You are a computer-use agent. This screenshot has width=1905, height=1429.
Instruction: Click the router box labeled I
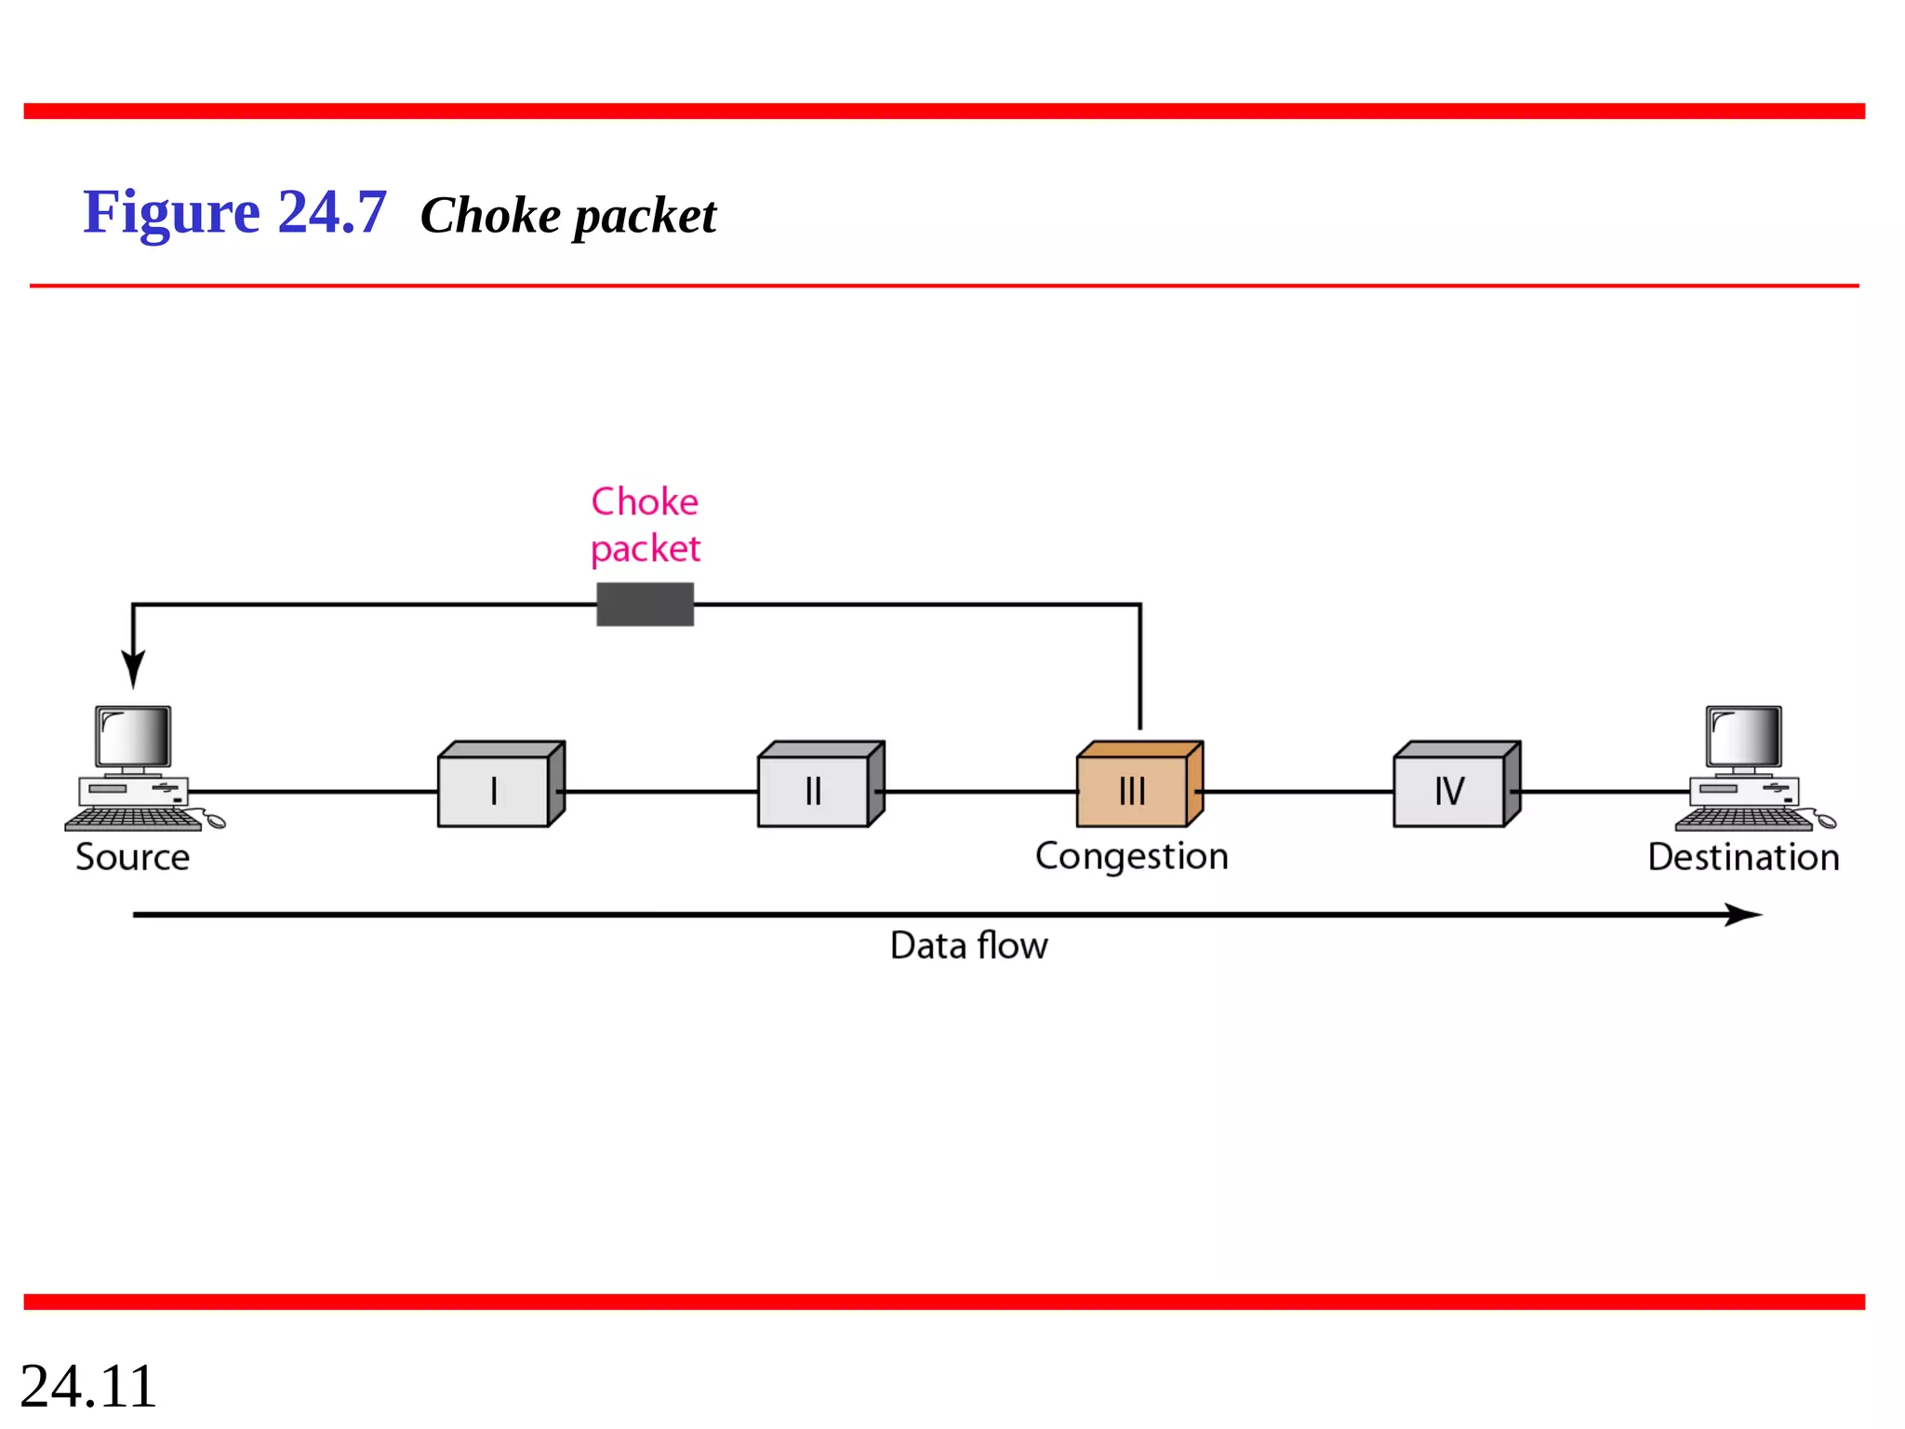500,786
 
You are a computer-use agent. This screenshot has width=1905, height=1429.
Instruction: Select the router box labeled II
819,786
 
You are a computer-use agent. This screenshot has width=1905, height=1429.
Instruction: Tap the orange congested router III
1138,786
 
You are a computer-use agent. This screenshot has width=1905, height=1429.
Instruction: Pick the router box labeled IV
1455,786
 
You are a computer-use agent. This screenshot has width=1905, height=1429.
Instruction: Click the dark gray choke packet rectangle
645,605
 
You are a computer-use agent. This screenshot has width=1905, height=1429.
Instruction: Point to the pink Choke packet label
645,525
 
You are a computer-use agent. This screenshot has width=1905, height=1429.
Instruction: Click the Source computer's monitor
134,738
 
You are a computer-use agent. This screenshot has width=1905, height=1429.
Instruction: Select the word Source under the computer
132,857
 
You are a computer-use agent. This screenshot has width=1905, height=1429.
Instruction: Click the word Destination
1743,857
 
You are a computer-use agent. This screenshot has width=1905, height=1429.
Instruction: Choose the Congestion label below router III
1131,856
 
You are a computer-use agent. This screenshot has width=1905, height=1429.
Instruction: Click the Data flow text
968,946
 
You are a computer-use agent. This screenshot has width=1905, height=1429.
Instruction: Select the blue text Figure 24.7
234,212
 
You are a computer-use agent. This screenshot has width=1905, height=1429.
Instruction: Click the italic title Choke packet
568,216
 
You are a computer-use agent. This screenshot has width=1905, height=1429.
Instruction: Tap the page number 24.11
88,1385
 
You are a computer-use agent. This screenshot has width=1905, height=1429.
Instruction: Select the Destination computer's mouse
1826,821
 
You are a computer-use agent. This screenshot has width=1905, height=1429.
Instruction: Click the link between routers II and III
977,792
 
